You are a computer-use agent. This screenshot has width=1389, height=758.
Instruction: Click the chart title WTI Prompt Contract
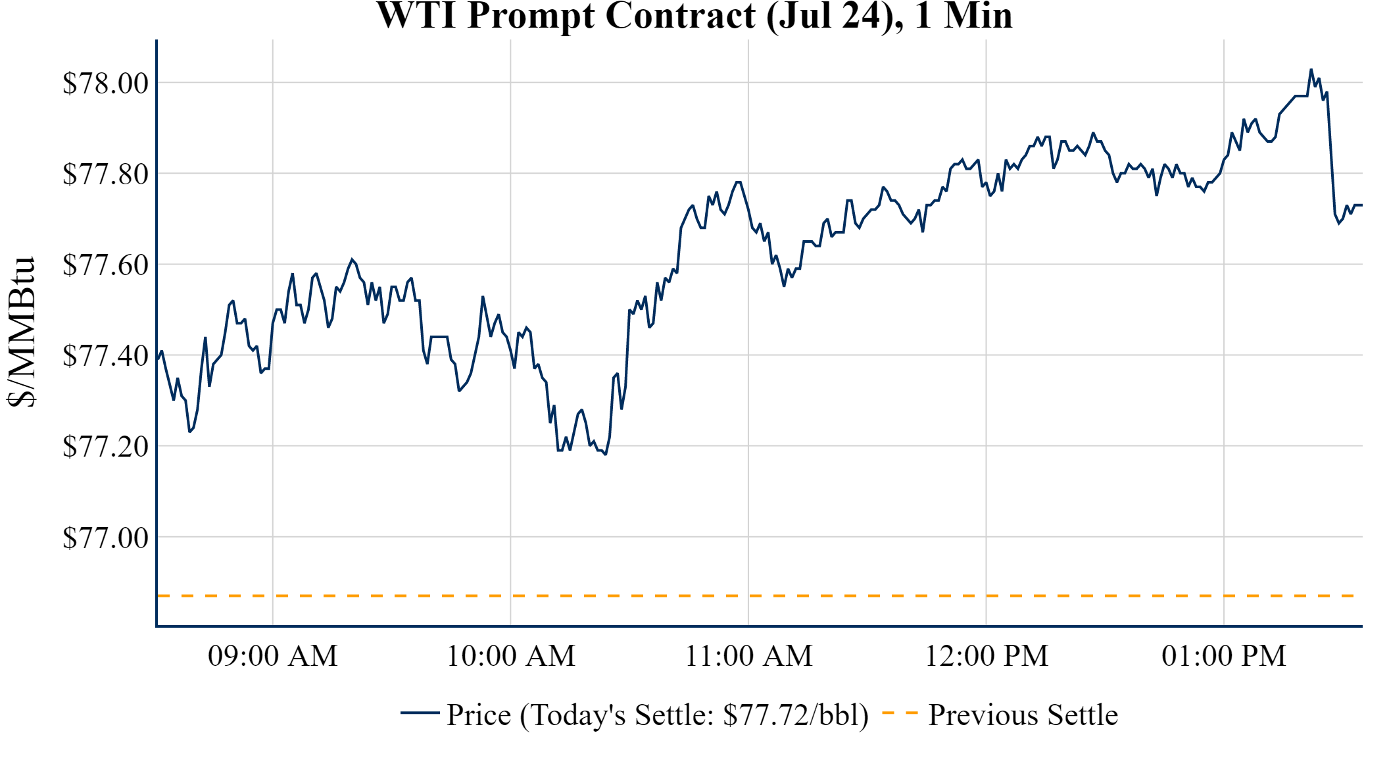pyautogui.click(x=694, y=16)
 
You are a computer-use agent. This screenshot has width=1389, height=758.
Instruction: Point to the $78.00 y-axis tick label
pyautogui.click(x=105, y=84)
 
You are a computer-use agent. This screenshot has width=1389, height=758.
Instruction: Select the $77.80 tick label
pyautogui.click(x=105, y=174)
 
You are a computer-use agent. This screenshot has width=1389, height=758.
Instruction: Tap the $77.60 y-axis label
pyautogui.click(x=105, y=265)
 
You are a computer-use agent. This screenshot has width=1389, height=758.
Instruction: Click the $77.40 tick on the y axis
pyautogui.click(x=105, y=356)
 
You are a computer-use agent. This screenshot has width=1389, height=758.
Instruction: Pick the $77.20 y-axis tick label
pyautogui.click(x=105, y=447)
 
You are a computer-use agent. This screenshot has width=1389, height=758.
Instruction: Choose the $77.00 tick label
pyautogui.click(x=105, y=538)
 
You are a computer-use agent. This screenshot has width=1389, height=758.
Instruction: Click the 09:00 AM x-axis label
pyautogui.click(x=273, y=656)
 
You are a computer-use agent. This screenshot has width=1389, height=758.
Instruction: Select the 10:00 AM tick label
pyautogui.click(x=511, y=656)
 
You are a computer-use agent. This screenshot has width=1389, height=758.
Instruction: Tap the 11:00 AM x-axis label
pyautogui.click(x=749, y=656)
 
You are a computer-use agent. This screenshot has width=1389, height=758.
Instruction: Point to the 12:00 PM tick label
pyautogui.click(x=987, y=656)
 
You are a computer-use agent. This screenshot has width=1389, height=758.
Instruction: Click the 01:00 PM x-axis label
pyautogui.click(x=1224, y=656)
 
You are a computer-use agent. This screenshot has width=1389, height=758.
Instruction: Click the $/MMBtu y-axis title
pyautogui.click(x=22, y=332)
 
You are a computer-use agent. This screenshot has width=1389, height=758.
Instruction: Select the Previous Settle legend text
pyautogui.click(x=1023, y=715)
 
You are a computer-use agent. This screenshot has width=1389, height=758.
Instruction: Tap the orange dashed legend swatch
pyautogui.click(x=900, y=713)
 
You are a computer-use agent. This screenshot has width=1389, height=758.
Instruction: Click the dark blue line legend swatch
pyautogui.click(x=420, y=713)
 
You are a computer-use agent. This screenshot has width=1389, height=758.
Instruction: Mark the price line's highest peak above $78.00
pyautogui.click(x=1311, y=70)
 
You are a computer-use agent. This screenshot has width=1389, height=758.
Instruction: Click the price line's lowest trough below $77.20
pyautogui.click(x=606, y=454)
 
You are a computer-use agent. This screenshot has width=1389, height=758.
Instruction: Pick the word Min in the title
pyautogui.click(x=978, y=16)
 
